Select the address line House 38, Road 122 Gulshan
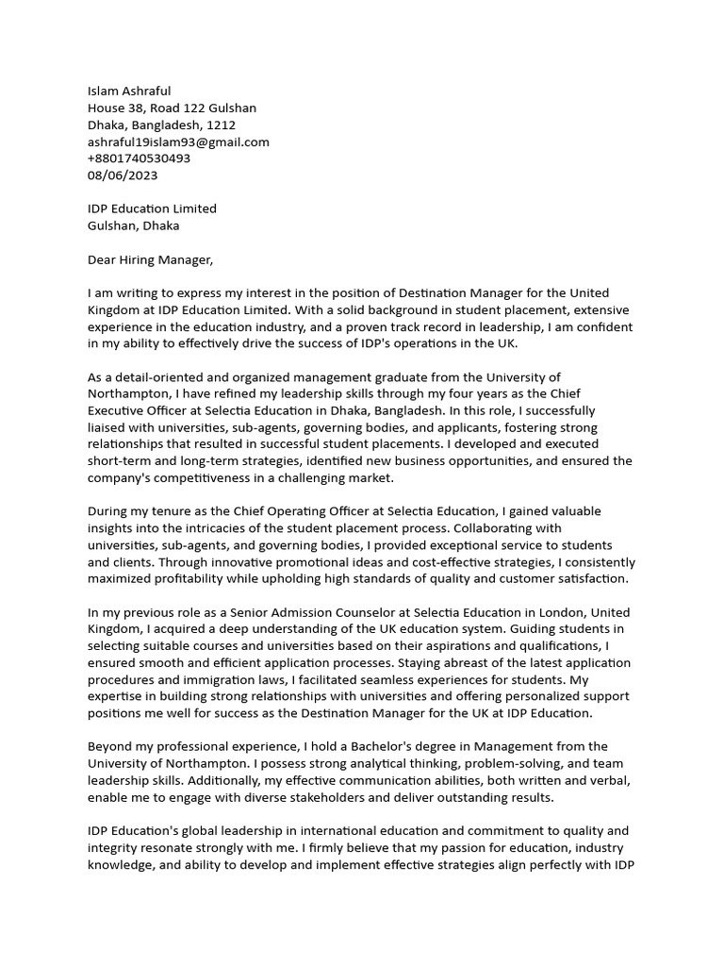172,108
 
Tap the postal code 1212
221,125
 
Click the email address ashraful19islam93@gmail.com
178,142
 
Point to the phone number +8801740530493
139,158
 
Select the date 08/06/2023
123,175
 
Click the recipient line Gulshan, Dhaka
133,225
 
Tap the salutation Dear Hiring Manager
151,259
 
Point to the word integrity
115,847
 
